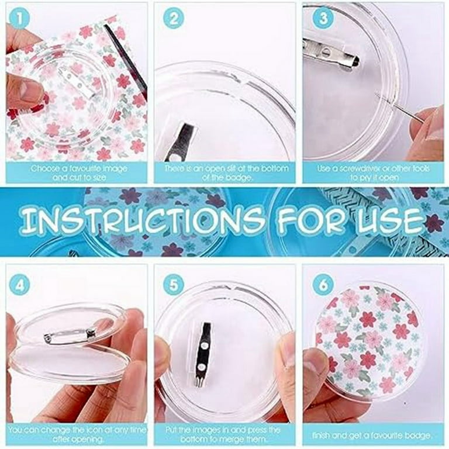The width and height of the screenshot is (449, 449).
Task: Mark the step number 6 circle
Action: click(x=321, y=287)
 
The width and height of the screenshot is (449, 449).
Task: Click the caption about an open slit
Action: click(x=225, y=173)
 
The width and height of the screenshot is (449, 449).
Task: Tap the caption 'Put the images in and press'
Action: click(x=225, y=434)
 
